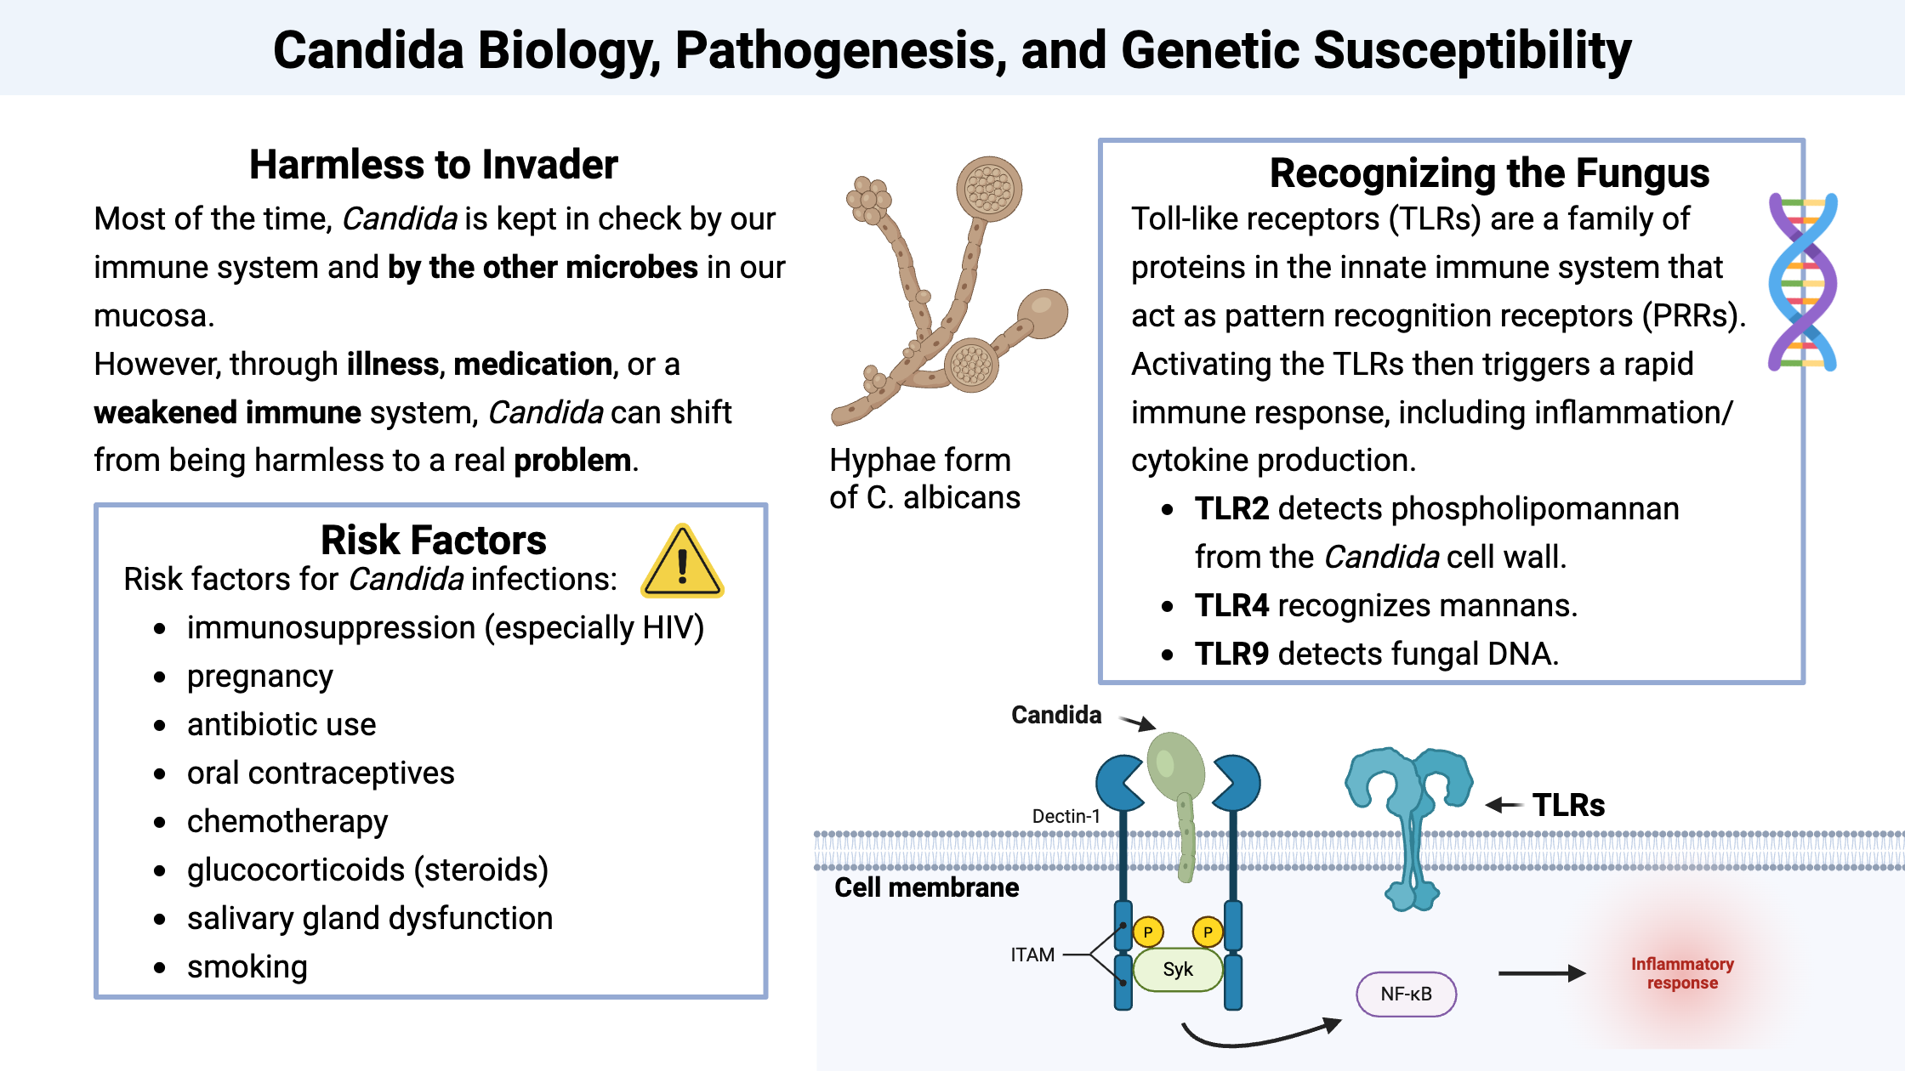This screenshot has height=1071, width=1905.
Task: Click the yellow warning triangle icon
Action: (x=682, y=563)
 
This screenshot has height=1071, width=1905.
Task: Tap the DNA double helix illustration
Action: (x=1802, y=282)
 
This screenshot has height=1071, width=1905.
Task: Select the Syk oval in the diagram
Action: (x=1178, y=970)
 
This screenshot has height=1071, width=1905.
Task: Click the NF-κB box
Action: (x=1406, y=994)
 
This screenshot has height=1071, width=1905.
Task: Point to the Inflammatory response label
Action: (x=1681, y=973)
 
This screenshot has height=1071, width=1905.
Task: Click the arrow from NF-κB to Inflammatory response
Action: (x=1540, y=973)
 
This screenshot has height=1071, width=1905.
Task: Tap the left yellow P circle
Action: (x=1148, y=932)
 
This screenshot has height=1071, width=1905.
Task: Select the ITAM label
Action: (x=1032, y=955)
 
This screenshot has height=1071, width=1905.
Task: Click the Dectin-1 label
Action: (x=1066, y=816)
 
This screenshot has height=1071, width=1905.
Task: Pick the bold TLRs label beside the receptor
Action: (x=1568, y=805)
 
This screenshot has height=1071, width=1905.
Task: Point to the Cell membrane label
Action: (x=926, y=887)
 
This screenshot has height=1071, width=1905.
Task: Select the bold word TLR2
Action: (x=1231, y=508)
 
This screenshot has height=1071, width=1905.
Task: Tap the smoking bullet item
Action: (x=247, y=966)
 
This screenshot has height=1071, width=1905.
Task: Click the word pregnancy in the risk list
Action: (x=259, y=676)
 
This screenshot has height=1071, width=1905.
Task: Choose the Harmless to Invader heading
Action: (x=433, y=164)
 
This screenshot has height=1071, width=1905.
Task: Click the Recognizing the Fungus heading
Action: (x=1488, y=173)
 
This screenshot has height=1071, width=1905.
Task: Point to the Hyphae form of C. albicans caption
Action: (x=924, y=478)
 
